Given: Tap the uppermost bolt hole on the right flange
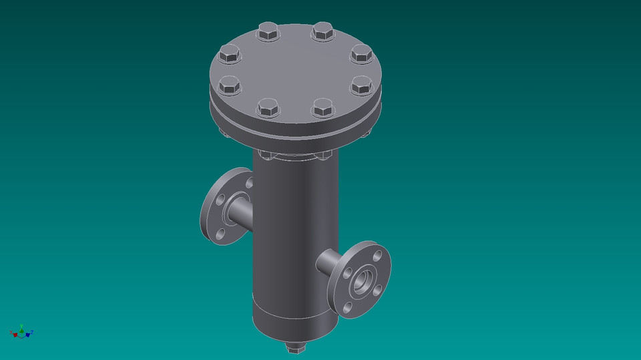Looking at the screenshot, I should [377, 255].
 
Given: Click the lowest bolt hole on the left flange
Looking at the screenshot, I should [220, 234].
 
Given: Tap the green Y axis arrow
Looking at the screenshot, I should [22, 328].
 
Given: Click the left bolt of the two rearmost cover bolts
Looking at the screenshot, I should [268, 31].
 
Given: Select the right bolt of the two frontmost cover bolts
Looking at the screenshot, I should [322, 107].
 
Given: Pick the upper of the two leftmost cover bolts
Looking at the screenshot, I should [229, 54].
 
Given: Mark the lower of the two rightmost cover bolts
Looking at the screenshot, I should [361, 85].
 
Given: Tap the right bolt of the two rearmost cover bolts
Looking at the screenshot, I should [322, 31].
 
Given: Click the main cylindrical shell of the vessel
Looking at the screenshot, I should [294, 234].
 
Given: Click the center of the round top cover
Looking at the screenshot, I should [295, 70].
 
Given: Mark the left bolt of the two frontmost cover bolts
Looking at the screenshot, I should [268, 107].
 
